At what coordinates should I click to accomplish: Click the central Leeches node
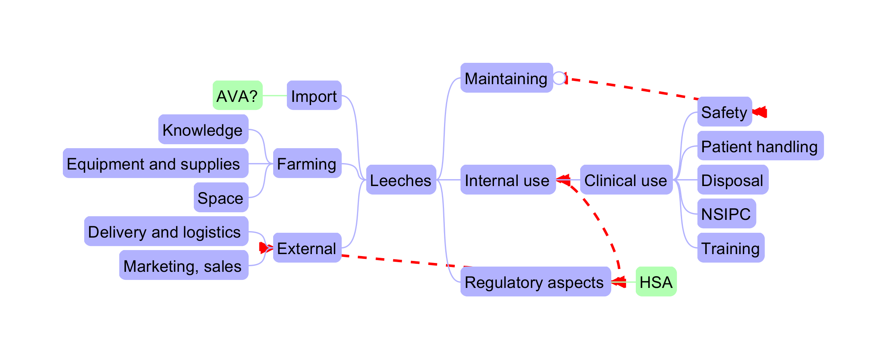pyautogui.click(x=401, y=180)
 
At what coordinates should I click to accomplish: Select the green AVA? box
pyautogui.click(x=237, y=95)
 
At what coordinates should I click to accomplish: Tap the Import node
pyautogui.click(x=314, y=95)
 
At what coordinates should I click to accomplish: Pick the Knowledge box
pyautogui.click(x=203, y=129)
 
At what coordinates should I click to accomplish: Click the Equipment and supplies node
pyautogui.click(x=155, y=163)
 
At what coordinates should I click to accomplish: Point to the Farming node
pyautogui.click(x=307, y=163)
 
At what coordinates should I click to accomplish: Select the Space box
pyautogui.click(x=221, y=197)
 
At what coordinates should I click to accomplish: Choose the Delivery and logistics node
pyautogui.click(x=166, y=231)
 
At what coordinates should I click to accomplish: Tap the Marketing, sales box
pyautogui.click(x=184, y=265)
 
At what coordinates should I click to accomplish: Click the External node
pyautogui.click(x=307, y=248)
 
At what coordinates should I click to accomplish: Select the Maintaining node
pyautogui.click(x=506, y=78)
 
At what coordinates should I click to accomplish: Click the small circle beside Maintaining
pyautogui.click(x=559, y=78)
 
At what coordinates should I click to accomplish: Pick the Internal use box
pyautogui.click(x=508, y=180)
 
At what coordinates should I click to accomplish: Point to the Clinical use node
pyautogui.click(x=626, y=180)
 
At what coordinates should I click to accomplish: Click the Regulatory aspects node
pyautogui.click(x=535, y=281)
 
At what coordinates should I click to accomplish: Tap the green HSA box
pyautogui.click(x=656, y=281)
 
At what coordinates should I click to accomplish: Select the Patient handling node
pyautogui.click(x=760, y=146)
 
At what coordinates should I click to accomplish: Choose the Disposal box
pyautogui.click(x=732, y=180)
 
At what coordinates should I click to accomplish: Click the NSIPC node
pyautogui.click(x=726, y=213)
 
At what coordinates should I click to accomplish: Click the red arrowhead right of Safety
pyautogui.click(x=760, y=112)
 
